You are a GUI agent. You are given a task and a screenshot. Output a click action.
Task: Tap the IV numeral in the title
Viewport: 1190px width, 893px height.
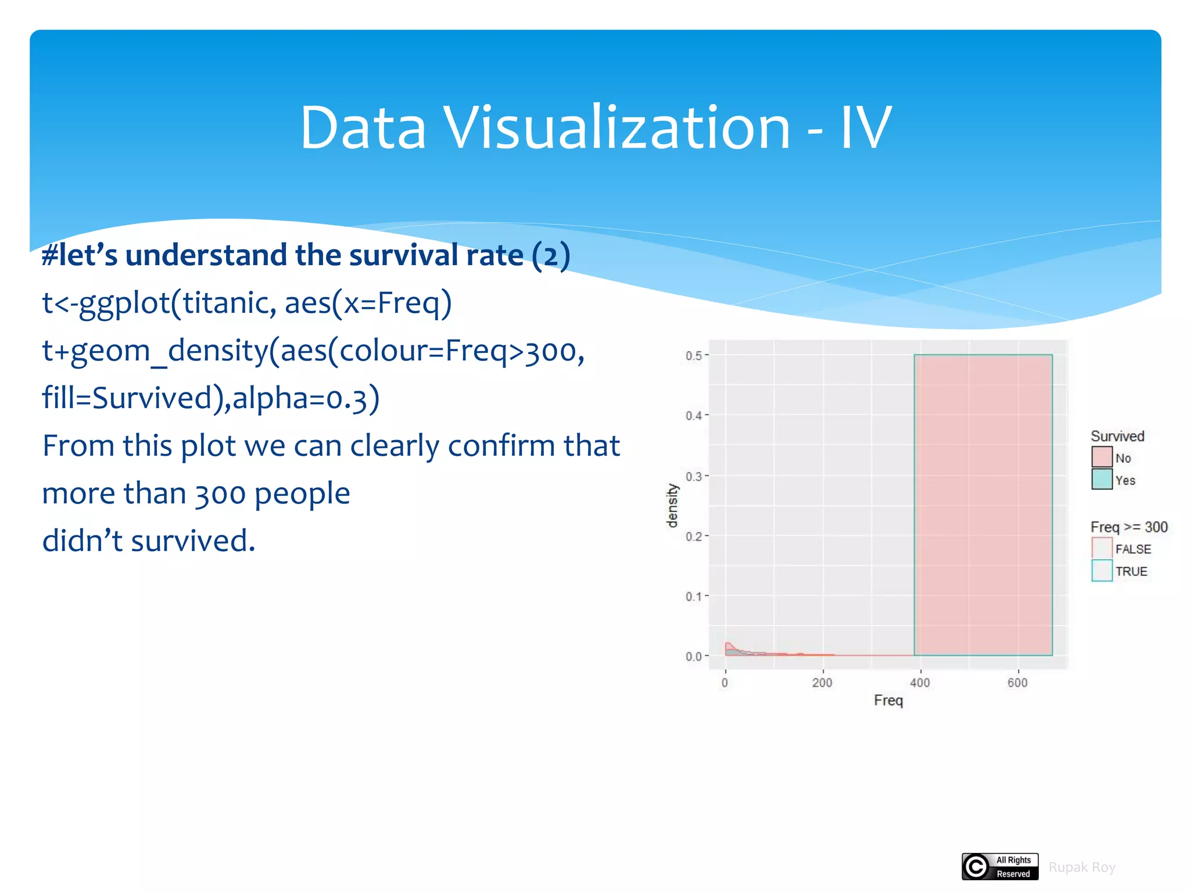pyautogui.click(x=866, y=128)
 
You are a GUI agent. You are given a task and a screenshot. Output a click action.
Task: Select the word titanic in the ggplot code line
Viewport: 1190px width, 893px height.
pyautogui.click(x=226, y=303)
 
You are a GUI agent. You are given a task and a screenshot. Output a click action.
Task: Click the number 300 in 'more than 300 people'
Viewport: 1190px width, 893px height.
pyautogui.click(x=220, y=494)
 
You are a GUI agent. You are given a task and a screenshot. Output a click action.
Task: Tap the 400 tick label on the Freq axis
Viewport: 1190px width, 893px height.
pyautogui.click(x=920, y=683)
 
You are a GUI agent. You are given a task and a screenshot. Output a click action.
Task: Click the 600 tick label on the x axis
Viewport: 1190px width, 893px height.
pyautogui.click(x=1017, y=683)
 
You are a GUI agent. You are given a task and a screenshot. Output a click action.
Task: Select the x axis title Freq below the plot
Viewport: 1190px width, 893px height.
pyautogui.click(x=888, y=701)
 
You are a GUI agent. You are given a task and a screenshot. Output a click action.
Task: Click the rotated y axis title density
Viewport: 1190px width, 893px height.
pyautogui.click(x=672, y=505)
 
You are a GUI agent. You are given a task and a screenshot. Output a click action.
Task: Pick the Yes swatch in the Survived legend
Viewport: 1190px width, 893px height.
pyautogui.click(x=1102, y=480)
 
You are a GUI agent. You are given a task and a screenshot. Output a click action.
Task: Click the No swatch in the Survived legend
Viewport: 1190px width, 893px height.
pyautogui.click(x=1102, y=457)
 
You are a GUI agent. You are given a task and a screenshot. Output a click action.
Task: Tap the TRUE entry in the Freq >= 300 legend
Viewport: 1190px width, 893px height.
pyautogui.click(x=1131, y=571)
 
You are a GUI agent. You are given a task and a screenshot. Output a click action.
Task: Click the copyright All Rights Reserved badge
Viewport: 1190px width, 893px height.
pyautogui.click(x=1000, y=866)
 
